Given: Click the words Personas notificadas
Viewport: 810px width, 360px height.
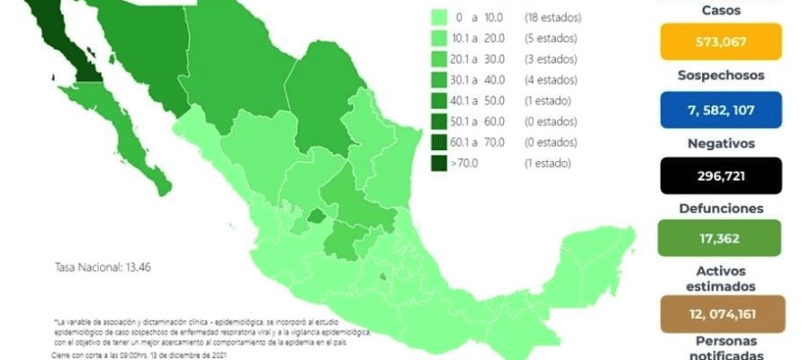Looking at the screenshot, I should click(724, 347).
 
